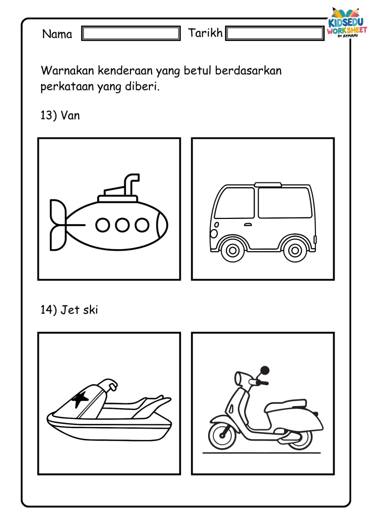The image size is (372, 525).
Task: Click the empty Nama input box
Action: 131,33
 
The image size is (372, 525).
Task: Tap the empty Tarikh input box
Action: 275,33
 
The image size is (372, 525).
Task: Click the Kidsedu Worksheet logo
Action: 347,23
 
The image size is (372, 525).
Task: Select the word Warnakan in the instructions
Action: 67,71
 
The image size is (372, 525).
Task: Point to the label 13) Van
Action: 60,115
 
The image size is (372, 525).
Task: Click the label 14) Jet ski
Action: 69,310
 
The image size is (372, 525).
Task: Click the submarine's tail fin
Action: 58,225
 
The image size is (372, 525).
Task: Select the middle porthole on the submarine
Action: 122,225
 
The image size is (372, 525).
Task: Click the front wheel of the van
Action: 233,250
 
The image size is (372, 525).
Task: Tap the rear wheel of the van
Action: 295,250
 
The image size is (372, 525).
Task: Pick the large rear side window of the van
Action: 285,203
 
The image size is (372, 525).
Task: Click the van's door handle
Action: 248,225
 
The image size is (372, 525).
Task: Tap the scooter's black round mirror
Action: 265,370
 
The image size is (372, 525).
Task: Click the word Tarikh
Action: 206,33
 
